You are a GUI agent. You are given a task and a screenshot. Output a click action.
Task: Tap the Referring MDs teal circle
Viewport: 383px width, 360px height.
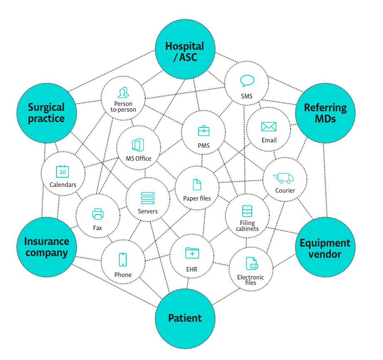[x=325, y=113]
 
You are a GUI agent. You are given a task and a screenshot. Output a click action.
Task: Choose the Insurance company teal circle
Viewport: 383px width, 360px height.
[x=47, y=247]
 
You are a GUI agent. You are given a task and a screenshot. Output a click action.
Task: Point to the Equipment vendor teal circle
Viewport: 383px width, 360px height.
[x=325, y=248]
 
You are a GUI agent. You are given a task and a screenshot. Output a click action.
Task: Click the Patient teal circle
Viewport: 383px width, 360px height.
[x=185, y=318]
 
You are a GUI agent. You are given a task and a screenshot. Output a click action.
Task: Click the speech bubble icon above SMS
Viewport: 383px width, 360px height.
[x=247, y=81]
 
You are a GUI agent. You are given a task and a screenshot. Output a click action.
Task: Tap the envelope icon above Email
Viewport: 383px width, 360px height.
[x=269, y=127]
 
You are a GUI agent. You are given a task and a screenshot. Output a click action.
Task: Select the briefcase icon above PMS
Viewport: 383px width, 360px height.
[x=204, y=131]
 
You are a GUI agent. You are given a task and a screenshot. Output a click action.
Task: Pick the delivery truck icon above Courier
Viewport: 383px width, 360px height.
[x=284, y=178]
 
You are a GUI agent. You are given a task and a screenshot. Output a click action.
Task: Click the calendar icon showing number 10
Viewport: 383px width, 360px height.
[x=62, y=171]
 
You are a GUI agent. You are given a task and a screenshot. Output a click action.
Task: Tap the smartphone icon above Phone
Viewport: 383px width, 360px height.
[x=123, y=260]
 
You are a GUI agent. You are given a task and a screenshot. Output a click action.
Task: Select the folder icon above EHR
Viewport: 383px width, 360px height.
[x=192, y=252]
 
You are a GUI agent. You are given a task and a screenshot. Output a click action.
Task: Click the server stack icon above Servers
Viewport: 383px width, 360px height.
[x=147, y=198]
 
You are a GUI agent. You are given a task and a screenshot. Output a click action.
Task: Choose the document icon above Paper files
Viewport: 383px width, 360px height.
[x=196, y=185]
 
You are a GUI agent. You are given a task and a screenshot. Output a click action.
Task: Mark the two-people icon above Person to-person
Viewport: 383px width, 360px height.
[x=123, y=92]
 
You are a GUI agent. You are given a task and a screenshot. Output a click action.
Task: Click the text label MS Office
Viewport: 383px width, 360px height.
[x=139, y=158]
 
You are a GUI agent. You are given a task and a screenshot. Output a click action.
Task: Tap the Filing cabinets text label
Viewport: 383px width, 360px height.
[x=247, y=226]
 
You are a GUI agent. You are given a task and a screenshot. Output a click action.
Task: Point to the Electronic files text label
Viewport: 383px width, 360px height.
[x=250, y=280]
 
